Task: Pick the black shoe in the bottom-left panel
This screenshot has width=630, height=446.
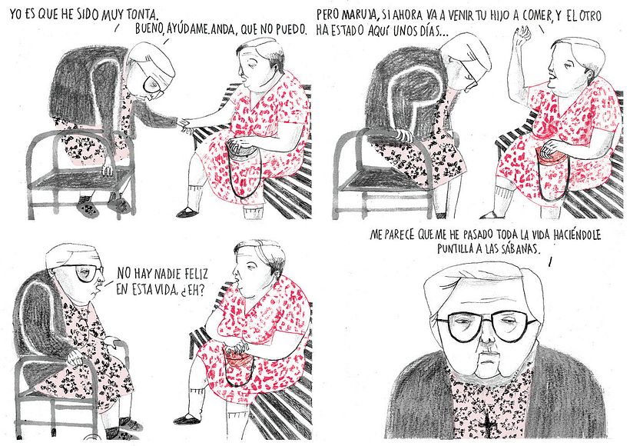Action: pyautogui.click(x=188, y=418)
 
